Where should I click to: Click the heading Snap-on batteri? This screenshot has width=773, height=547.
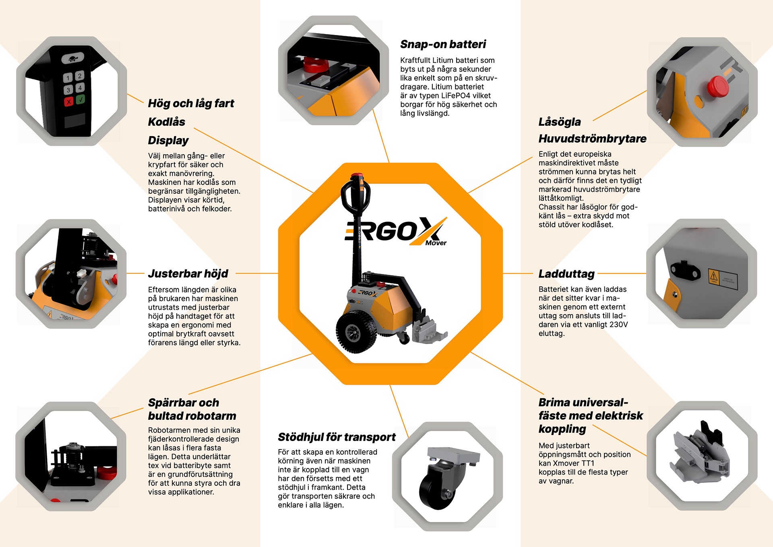[x=443, y=44]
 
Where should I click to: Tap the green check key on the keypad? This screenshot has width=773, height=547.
[x=81, y=99]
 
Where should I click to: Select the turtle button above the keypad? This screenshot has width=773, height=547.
[x=72, y=58]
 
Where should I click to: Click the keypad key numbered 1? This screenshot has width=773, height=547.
[x=68, y=78]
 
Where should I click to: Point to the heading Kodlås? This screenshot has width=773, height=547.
[x=167, y=122]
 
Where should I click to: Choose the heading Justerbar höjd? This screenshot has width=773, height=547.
[x=188, y=273]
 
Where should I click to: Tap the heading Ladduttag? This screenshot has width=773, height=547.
[x=566, y=274]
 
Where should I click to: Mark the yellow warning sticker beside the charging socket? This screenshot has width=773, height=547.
[x=714, y=277]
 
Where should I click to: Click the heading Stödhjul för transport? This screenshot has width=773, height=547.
[x=337, y=437]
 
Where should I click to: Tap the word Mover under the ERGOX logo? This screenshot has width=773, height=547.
[x=436, y=243]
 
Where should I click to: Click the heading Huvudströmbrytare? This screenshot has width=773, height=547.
[x=592, y=139]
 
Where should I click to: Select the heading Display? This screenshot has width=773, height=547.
[x=168, y=141]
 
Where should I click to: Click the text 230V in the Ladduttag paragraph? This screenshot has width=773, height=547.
[x=619, y=325]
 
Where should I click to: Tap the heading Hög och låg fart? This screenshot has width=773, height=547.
[x=191, y=104]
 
